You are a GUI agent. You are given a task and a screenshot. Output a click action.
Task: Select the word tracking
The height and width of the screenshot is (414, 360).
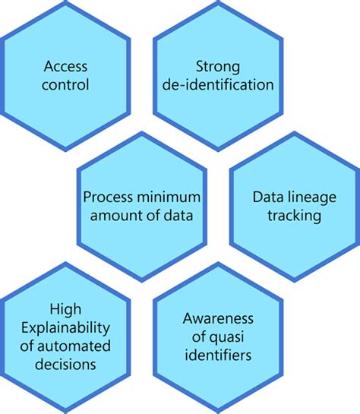295,215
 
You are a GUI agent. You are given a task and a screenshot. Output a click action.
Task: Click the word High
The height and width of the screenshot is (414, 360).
65,309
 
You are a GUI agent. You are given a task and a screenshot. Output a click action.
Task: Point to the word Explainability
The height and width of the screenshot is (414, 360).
65,327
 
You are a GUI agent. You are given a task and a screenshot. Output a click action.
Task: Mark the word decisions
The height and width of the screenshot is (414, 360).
65,364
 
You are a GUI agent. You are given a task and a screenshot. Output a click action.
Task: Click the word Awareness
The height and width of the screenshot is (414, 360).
217,318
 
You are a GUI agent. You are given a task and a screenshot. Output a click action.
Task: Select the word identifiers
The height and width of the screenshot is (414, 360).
217,355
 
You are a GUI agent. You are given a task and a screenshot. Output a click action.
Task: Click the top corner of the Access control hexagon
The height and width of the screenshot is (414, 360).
67,2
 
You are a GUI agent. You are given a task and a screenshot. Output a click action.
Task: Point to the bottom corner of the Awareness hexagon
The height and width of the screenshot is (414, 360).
217,412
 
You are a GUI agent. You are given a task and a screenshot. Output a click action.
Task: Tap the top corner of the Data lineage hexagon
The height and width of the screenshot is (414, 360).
295,131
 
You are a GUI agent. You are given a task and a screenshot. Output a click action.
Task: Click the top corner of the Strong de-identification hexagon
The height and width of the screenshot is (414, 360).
217,2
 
